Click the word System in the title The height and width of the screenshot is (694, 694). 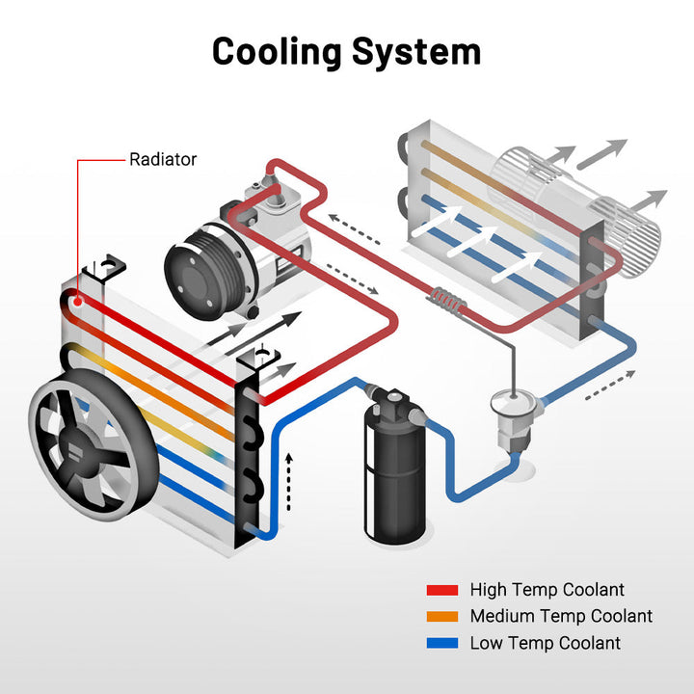pos(416,51)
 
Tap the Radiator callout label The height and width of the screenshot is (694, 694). pos(163,159)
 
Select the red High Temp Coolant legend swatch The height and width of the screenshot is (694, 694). pos(442,590)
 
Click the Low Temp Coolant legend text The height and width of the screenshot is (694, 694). pos(546,643)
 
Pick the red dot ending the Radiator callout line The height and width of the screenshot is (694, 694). pos(75,299)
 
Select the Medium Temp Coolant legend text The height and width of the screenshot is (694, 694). pos(561,616)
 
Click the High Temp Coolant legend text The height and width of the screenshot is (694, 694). pos(547,589)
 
